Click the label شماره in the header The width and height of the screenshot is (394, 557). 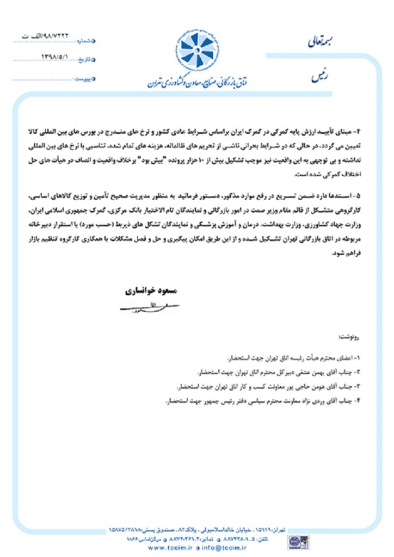point(85,41)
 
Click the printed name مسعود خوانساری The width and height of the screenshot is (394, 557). point(149,291)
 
